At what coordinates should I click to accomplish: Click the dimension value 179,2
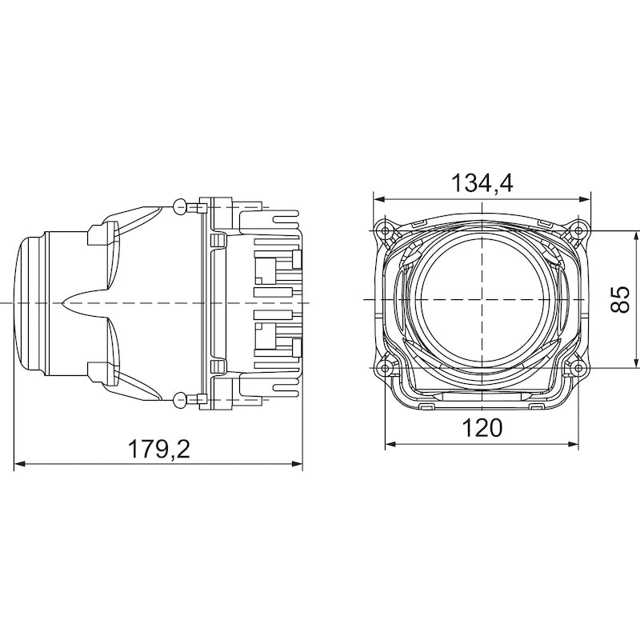pos(159,450)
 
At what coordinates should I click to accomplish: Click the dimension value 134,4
pos(482,182)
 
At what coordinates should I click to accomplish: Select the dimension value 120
pos(482,428)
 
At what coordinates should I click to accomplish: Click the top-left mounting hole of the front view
pos(388,231)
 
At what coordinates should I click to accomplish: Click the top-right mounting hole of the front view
pos(576,231)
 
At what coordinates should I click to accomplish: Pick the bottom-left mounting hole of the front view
pos(388,366)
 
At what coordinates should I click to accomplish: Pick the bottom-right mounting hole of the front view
pos(576,366)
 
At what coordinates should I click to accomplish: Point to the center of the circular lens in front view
pos(482,298)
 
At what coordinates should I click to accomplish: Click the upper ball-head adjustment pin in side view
pos(179,204)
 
